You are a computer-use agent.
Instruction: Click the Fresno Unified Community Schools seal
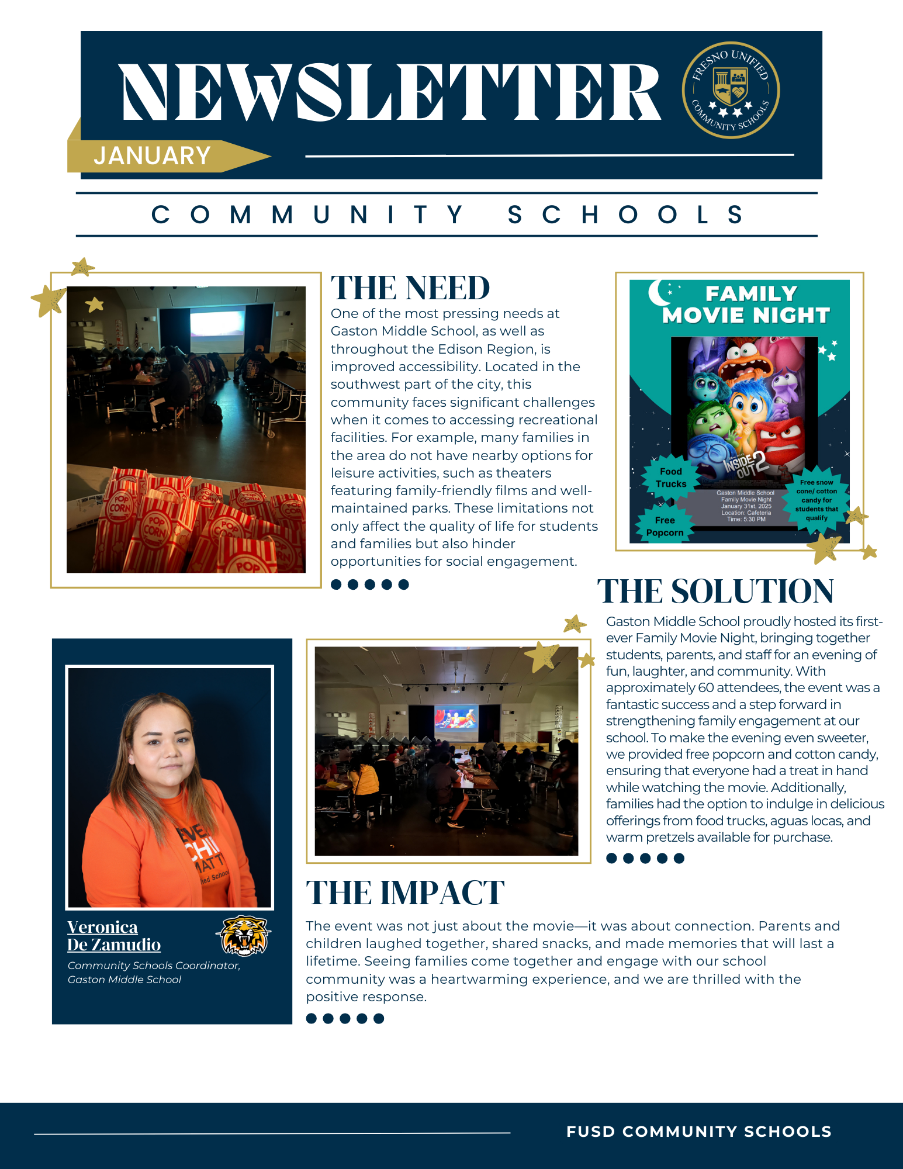click(x=731, y=90)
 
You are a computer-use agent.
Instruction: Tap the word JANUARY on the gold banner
click(x=152, y=156)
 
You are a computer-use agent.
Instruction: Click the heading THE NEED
click(x=410, y=288)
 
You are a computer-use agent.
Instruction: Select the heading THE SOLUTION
click(x=715, y=591)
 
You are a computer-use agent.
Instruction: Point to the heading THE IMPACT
click(x=405, y=893)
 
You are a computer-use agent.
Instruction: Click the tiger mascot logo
click(x=244, y=935)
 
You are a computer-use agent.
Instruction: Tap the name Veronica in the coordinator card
click(x=102, y=927)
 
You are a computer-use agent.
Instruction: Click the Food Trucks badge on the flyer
click(x=671, y=478)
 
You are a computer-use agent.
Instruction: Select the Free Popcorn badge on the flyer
click(x=665, y=526)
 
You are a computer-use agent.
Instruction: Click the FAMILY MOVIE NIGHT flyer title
click(x=746, y=305)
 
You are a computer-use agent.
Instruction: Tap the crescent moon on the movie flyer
click(x=659, y=292)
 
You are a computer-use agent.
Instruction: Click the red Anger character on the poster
click(x=783, y=441)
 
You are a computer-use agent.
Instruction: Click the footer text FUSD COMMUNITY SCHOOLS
click(x=698, y=1132)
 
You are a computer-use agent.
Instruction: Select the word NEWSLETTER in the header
click(x=390, y=92)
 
